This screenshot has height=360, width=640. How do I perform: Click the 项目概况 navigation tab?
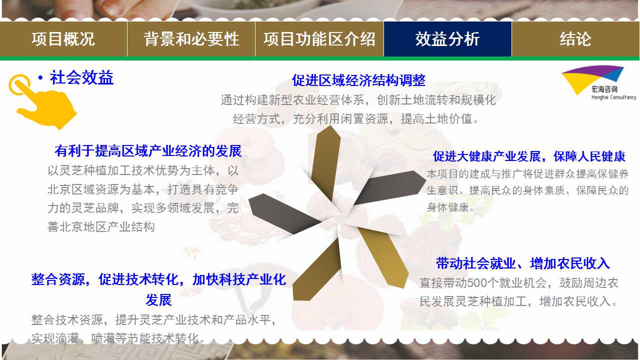63,39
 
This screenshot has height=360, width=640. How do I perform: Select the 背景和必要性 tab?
191,39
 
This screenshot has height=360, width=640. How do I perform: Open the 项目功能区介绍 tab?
319,39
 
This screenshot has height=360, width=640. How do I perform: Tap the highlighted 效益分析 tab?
447,39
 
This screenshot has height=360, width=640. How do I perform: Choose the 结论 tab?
575,39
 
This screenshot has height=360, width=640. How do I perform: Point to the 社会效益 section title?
81,77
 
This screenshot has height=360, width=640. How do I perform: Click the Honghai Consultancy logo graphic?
593,79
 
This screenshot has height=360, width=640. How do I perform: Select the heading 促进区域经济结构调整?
358,80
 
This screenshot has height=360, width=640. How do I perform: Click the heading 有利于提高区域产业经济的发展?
148,151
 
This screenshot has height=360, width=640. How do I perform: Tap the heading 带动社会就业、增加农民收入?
523,263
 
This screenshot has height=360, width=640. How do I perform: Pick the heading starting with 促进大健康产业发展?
529,156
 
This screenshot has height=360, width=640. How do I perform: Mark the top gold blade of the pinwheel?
325,163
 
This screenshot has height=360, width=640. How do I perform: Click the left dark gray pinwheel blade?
283,213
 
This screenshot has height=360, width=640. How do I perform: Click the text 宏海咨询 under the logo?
604,89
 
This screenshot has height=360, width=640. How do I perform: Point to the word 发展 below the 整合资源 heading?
158,300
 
